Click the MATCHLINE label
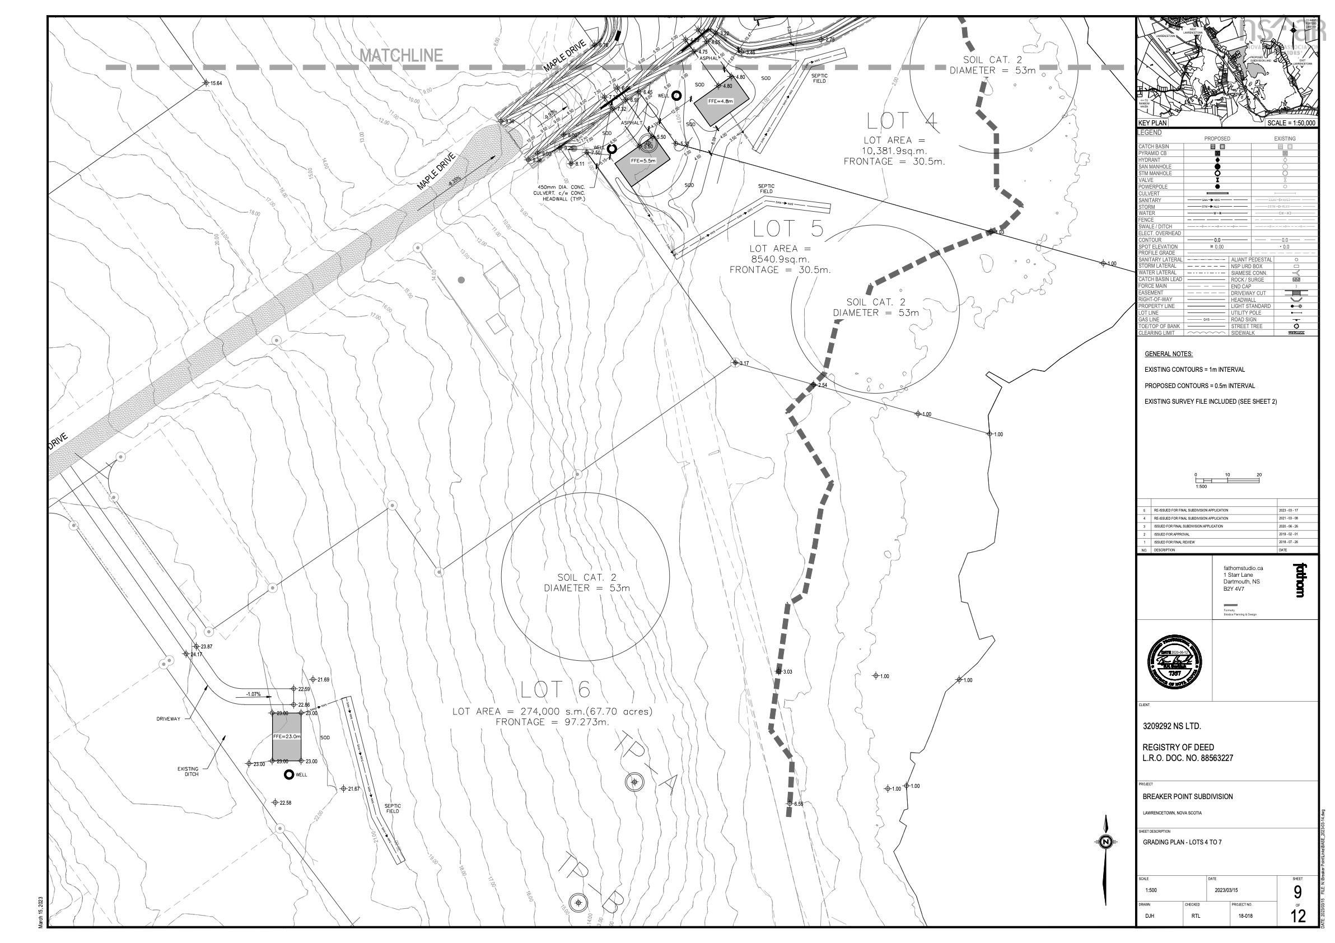(401, 56)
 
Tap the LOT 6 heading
(555, 689)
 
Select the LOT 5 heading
(788, 229)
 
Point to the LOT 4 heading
(902, 122)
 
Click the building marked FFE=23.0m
(287, 736)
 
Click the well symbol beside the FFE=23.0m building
(288, 774)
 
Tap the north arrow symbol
(1106, 842)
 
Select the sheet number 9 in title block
(1297, 892)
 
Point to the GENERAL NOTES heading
(1168, 354)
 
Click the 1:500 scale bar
(1227, 480)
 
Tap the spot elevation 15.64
(216, 83)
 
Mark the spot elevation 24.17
(196, 655)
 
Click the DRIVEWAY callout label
(168, 719)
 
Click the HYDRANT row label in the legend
(1149, 160)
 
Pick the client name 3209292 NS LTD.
(1171, 726)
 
